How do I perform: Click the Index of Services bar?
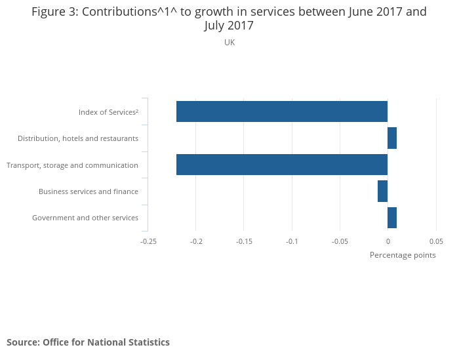point(282,111)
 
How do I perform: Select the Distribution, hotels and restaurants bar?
point(392,138)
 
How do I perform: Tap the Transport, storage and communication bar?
point(282,165)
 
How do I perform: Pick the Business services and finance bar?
point(383,191)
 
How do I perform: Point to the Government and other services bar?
point(392,218)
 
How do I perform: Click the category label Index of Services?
point(108,112)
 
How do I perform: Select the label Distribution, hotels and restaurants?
point(78,138)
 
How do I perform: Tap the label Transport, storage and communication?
point(72,165)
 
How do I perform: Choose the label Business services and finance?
point(89,191)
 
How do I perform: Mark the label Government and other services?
point(85,218)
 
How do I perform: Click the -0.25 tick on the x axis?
point(148,241)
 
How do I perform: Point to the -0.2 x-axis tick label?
point(196,241)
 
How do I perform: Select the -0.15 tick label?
point(244,241)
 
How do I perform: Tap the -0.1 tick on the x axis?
point(292,241)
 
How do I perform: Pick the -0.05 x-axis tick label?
point(340,241)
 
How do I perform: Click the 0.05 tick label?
point(436,241)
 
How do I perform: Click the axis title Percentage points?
point(403,255)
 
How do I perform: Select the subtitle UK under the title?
point(229,43)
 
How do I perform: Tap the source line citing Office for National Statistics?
point(88,342)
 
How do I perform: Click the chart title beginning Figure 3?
point(229,18)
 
